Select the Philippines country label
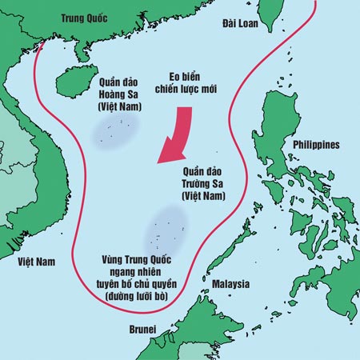point(315,144)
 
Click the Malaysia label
point(230,284)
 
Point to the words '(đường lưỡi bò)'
point(141,297)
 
